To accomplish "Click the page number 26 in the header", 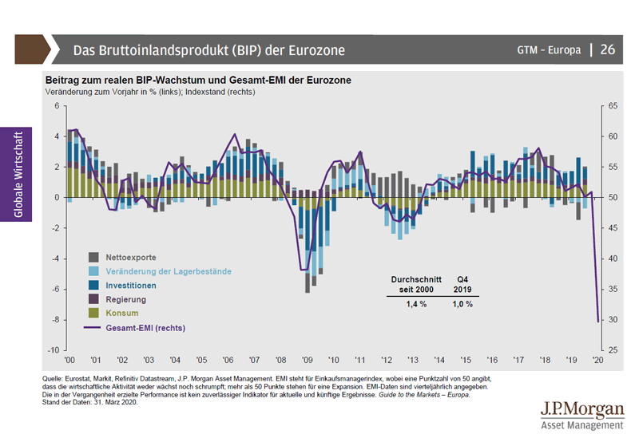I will point(608,49).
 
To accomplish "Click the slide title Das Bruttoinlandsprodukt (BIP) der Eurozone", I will point(209,50).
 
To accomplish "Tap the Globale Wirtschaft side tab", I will point(18,173).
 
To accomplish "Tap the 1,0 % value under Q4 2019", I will point(462,304).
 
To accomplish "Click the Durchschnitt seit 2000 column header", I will point(411,285).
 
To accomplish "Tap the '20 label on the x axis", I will point(597,361).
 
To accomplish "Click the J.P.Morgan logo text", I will point(581,410).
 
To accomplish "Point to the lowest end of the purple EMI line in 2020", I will point(598,322).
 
